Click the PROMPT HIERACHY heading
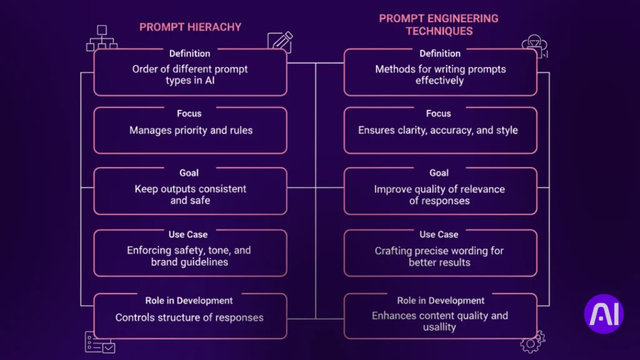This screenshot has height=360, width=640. pyautogui.click(x=190, y=27)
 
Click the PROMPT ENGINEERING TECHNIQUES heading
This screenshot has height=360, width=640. pyautogui.click(x=439, y=24)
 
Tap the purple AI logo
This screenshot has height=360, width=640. pyautogui.click(x=604, y=314)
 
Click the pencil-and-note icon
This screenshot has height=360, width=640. pyautogui.click(x=279, y=42)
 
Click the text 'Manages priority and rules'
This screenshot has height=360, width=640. pyautogui.click(x=190, y=131)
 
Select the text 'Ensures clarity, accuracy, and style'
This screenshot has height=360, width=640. pyautogui.click(x=438, y=131)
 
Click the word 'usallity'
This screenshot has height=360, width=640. pyautogui.click(x=439, y=327)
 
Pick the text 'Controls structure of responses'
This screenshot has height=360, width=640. pyautogui.click(x=189, y=317)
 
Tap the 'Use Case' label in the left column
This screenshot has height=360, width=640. pyautogui.click(x=188, y=234)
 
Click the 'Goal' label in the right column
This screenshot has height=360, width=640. pyautogui.click(x=439, y=172)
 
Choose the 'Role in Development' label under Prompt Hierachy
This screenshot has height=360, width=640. pyautogui.click(x=189, y=301)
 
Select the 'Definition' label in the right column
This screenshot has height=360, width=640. pyautogui.click(x=440, y=54)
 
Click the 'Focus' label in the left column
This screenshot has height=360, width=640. pyautogui.click(x=189, y=114)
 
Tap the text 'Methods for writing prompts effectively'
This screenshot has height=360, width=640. pyautogui.click(x=439, y=75)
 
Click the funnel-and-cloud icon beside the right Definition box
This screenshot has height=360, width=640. pyautogui.click(x=534, y=46)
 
